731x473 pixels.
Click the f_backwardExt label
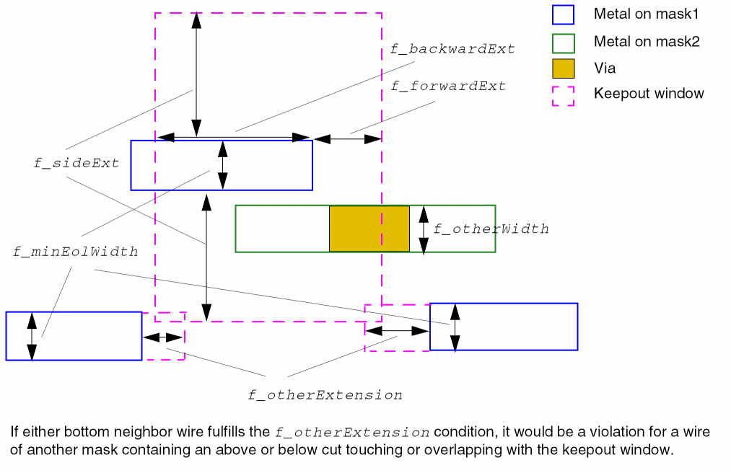[452, 49]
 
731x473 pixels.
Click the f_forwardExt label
[448, 86]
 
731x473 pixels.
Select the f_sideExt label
[76, 163]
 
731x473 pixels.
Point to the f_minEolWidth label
[75, 252]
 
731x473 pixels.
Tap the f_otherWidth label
[491, 229]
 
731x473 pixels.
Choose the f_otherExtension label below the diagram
[325, 395]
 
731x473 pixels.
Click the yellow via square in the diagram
[369, 229]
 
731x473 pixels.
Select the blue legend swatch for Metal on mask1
[563, 14]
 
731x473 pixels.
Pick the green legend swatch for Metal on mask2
[563, 43]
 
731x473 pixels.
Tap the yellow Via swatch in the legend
[563, 68]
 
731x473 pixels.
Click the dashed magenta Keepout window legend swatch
[563, 96]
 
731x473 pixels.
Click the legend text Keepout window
[649, 94]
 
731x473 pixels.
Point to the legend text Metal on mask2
[647, 42]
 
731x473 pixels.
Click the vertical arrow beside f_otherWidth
[424, 229]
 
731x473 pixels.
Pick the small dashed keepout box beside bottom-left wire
[164, 336]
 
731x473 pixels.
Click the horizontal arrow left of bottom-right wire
[397, 330]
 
